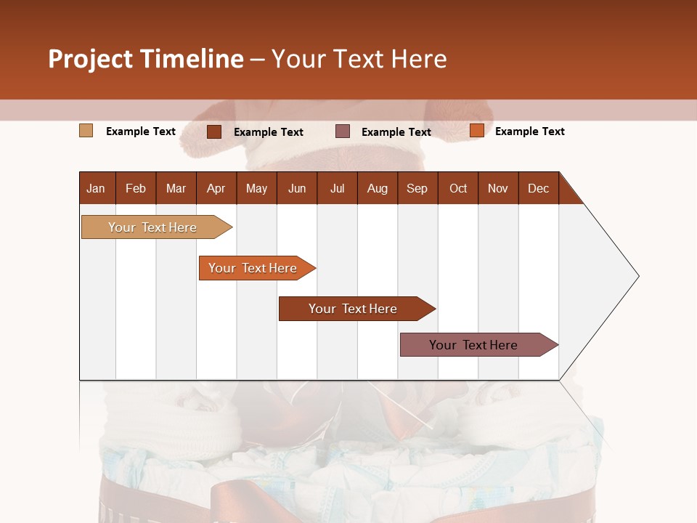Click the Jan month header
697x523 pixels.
97,188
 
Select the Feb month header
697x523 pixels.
136,188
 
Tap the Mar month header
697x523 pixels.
176,188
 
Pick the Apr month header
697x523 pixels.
216,188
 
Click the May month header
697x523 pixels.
256,188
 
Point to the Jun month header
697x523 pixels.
297,188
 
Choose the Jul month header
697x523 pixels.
337,188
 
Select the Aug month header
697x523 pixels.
378,188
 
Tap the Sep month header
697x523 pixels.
417,188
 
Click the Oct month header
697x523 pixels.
458,188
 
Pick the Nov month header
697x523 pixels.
498,188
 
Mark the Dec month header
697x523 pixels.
539,188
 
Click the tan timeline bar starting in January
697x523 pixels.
153,227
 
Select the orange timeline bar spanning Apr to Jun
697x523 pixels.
253,268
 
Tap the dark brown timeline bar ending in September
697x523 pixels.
354,309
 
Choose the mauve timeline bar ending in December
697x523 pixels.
474,345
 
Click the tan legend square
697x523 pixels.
86,131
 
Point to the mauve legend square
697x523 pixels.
343,131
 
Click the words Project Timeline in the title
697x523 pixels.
146,59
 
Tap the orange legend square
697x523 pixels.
477,131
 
